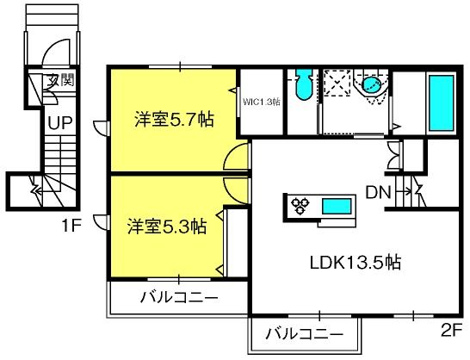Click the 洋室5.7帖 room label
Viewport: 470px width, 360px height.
pyautogui.click(x=174, y=120)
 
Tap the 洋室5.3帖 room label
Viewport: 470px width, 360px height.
pyautogui.click(x=167, y=227)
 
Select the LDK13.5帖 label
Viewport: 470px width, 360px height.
pyautogui.click(x=356, y=263)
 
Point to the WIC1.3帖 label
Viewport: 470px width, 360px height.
pyautogui.click(x=262, y=102)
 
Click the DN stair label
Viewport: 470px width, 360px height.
pyautogui.click(x=379, y=193)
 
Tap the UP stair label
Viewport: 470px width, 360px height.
pyautogui.click(x=60, y=122)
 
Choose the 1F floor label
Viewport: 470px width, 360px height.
pyautogui.click(x=71, y=227)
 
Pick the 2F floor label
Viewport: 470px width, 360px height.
pyautogui.click(x=451, y=331)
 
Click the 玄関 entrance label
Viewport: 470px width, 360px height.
pyautogui.click(x=61, y=80)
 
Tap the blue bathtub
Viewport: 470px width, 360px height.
pyautogui.click(x=442, y=103)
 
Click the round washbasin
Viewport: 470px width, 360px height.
pyautogui.click(x=371, y=84)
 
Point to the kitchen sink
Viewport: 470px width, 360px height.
pyautogui.click(x=337, y=207)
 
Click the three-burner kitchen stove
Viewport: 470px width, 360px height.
pyautogui.click(x=300, y=207)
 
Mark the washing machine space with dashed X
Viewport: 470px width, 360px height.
pyautogui.click(x=337, y=83)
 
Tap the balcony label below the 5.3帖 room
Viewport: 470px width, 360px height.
pyautogui.click(x=180, y=298)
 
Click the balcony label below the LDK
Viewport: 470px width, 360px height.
pyautogui.click(x=305, y=333)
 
